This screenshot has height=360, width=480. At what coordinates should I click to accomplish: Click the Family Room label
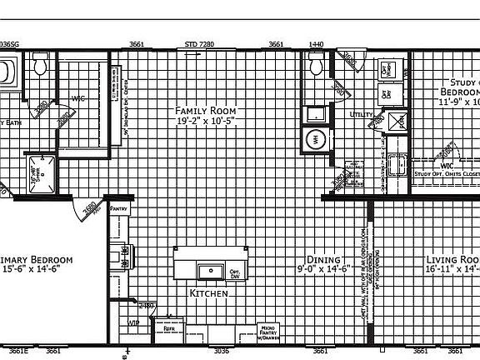[205, 110]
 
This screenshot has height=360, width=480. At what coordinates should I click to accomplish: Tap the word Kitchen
[208, 293]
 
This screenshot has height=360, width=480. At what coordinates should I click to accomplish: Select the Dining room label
[322, 259]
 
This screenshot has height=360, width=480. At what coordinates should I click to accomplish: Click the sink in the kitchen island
[208, 271]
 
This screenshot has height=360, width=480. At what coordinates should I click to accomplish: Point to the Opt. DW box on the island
[235, 272]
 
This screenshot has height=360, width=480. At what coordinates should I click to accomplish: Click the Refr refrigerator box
[169, 328]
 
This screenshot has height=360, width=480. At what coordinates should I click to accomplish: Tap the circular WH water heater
[316, 139]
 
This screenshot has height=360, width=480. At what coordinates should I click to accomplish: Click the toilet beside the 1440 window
[316, 64]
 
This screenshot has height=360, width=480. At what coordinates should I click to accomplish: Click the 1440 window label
[316, 43]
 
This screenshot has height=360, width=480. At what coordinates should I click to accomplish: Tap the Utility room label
[361, 114]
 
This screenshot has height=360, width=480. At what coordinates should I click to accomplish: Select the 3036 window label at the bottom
[221, 351]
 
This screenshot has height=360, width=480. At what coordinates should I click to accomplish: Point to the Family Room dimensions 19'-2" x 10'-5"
[205, 122]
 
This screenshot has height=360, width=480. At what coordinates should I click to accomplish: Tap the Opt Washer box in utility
[387, 70]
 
